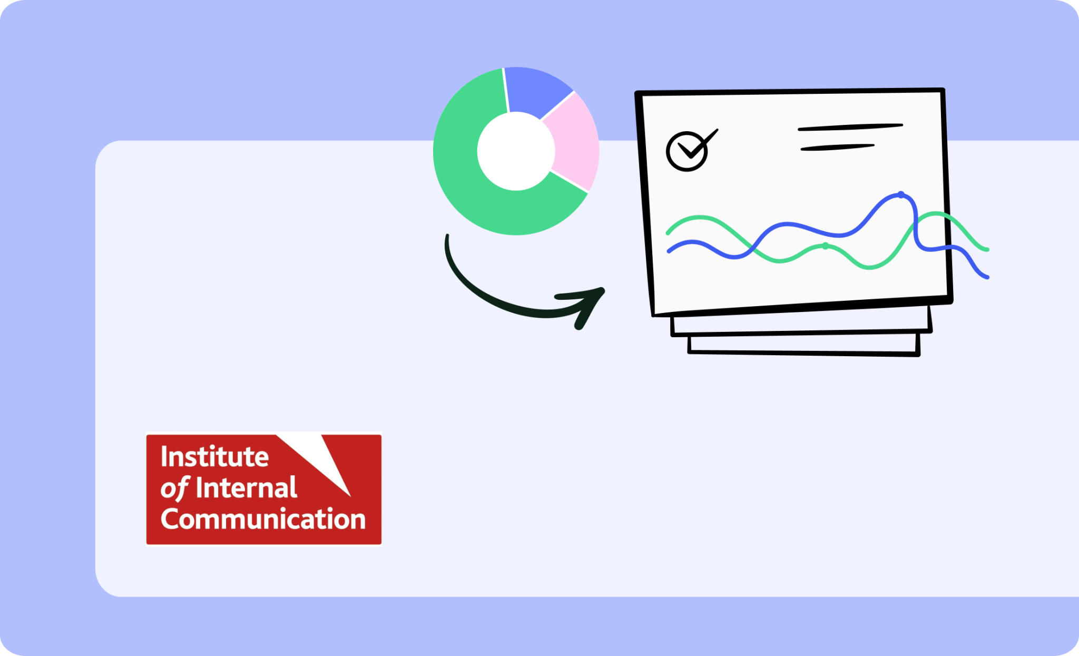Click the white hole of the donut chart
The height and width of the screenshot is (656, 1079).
tap(516, 151)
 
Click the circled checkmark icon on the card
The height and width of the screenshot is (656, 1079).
tap(690, 150)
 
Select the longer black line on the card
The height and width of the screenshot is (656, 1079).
tap(850, 127)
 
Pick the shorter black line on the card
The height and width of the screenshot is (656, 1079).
tap(837, 148)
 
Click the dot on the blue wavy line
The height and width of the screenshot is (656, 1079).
tap(901, 195)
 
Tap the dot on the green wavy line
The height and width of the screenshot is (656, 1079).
tap(825, 246)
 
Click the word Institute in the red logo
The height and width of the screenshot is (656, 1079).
tap(214, 456)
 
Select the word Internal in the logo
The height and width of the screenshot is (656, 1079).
tap(246, 488)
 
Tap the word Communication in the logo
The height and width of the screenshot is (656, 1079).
tap(263, 519)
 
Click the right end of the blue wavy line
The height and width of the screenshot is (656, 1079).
tap(987, 277)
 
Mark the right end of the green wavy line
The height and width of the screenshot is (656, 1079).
tap(987, 249)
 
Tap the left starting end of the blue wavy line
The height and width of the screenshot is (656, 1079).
tap(669, 251)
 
